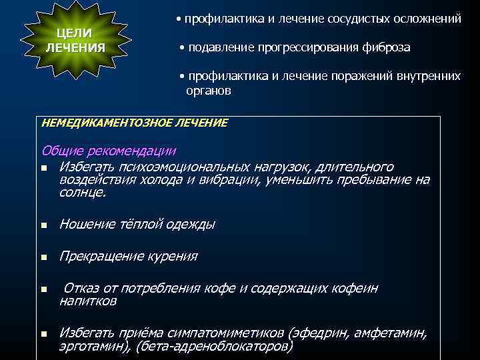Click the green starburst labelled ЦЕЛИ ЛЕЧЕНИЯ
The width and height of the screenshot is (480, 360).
(x=74, y=41)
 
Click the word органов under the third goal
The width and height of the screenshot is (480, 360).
(x=209, y=91)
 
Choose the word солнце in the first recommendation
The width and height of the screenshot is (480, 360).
(x=81, y=193)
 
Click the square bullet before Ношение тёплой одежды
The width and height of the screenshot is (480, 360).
(x=44, y=226)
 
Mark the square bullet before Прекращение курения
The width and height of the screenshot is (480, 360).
(x=44, y=257)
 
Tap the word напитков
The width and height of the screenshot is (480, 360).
(x=88, y=301)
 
